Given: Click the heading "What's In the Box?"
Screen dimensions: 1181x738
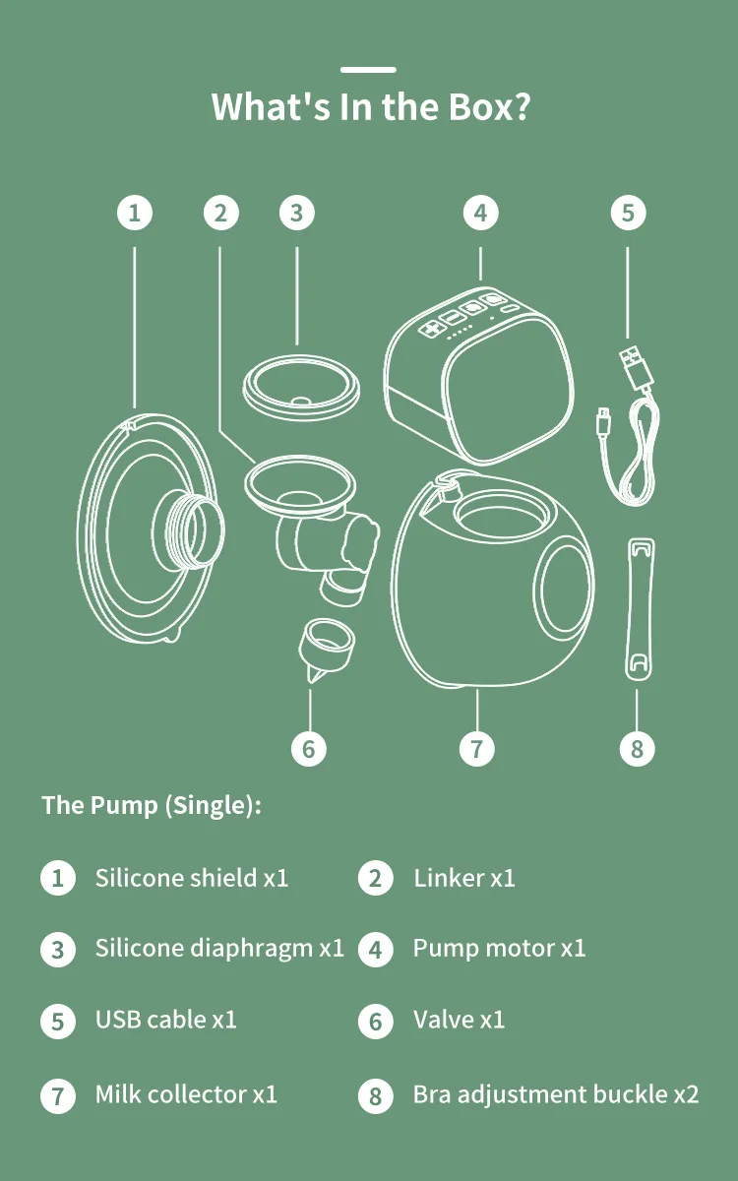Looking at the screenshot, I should pos(370,106).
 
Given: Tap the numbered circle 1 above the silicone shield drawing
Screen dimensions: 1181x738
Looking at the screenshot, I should pos(135,213).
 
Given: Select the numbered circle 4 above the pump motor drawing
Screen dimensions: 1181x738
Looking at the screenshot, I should pos(479,213).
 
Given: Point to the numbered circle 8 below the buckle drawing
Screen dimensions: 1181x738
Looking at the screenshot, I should pos(637,748).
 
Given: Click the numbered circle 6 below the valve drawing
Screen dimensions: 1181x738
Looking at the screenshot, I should pos(309,748).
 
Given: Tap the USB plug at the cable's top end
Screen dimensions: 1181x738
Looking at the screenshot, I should pos(632,367).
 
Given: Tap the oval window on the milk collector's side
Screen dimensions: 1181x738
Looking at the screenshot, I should pos(563,590).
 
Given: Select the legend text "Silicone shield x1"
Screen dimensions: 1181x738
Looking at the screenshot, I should pos(192,878).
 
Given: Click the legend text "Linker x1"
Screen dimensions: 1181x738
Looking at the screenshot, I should pos(464,878).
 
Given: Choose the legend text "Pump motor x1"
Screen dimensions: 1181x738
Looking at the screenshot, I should pos(499,949).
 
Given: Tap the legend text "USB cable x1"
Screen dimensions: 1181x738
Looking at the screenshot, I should pos(166,1020).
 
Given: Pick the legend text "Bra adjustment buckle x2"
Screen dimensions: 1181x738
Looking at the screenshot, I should pos(556,1094).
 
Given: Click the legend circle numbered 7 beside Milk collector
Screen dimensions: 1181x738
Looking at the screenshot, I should pos(58,1094).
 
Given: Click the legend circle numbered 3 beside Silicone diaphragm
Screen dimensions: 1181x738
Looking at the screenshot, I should pos(58,950).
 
